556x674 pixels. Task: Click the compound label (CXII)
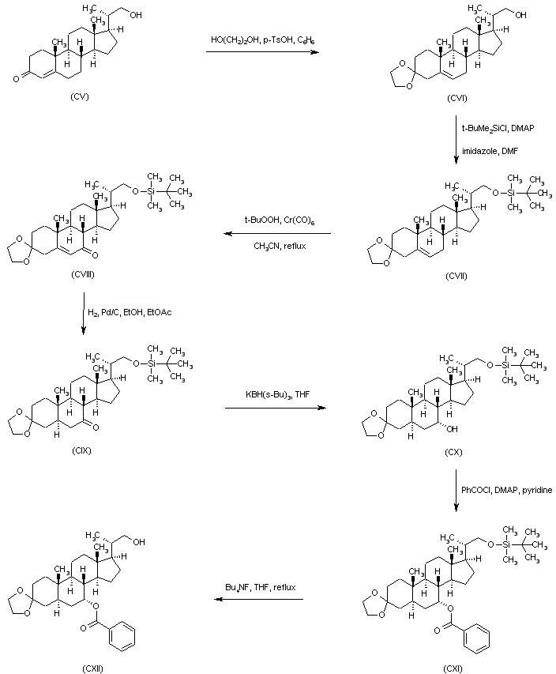point(92,668)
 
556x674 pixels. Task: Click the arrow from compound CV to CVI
point(261,52)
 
